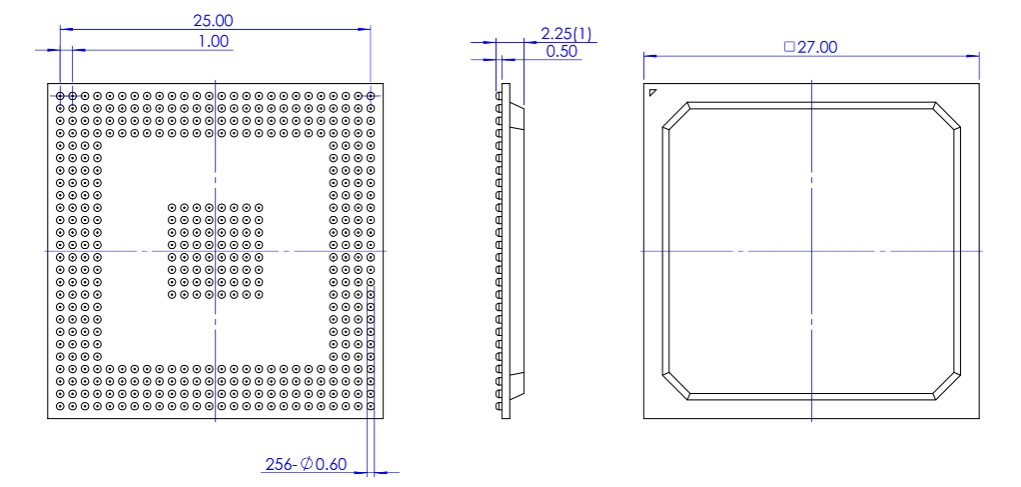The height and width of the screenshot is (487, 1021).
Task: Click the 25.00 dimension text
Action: [x=215, y=20]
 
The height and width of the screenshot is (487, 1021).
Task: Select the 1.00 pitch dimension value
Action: [x=215, y=41]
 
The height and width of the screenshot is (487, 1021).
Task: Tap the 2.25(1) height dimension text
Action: [x=565, y=34]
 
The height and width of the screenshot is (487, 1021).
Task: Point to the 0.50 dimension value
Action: [x=561, y=52]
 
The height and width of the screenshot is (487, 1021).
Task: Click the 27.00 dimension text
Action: [x=817, y=47]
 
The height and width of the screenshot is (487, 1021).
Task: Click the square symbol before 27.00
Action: [x=789, y=47]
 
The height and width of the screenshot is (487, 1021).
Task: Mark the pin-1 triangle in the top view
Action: [x=652, y=93]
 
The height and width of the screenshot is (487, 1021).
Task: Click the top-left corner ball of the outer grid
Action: [x=60, y=96]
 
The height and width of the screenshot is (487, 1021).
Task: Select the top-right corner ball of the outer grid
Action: [x=371, y=96]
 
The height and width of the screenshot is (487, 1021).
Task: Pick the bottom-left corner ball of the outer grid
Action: [x=60, y=407]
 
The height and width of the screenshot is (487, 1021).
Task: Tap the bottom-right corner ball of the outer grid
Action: [x=371, y=407]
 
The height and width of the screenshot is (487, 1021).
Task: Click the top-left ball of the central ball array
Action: [x=172, y=208]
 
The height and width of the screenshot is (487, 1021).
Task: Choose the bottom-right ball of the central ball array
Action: [x=259, y=295]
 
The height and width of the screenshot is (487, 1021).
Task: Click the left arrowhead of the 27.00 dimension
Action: [x=647, y=55]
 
